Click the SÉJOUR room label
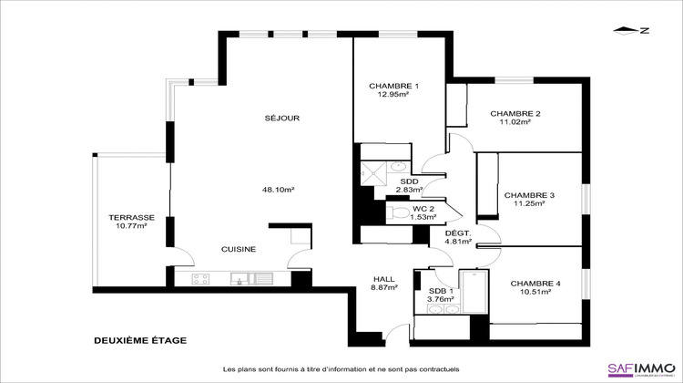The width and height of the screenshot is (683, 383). coord(282,118)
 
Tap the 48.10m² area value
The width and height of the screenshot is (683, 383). coord(278,190)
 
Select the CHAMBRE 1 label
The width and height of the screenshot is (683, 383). coord(389,86)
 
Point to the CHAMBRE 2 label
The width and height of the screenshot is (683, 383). coord(515,114)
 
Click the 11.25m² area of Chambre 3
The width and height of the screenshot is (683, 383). coord(528,204)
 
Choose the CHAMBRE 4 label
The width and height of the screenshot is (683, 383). coord(535,284)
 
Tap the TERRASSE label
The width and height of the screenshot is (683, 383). coord(131,218)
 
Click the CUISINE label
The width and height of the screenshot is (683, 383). coord(239,249)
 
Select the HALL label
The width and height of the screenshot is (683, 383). coord(384,279)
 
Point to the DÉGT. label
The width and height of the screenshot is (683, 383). coord(457,234)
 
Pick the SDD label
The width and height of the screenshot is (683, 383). coord(410,181)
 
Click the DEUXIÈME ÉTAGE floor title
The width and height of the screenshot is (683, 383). coord(140,340)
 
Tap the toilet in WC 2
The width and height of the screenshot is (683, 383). coord(399,212)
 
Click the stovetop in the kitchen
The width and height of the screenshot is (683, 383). coord(200,278)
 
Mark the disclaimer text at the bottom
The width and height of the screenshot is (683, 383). coord(341,368)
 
